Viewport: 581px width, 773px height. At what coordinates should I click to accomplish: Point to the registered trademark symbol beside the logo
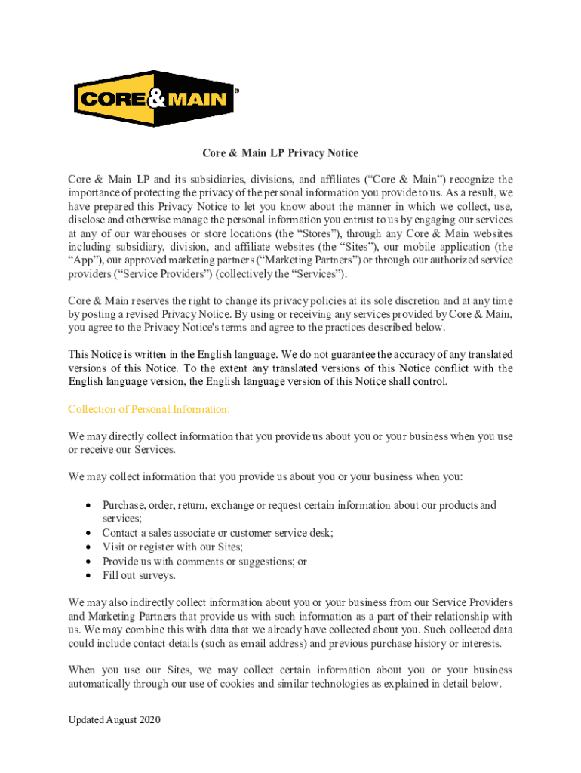pos(237,90)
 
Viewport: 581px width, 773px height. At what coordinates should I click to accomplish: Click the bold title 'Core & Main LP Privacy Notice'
pos(280,153)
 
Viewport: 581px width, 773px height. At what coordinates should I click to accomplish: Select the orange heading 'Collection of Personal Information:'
pos(149,409)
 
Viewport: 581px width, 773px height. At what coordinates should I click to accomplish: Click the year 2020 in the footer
pos(149,720)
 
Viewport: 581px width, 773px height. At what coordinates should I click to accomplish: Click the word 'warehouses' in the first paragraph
pos(161,233)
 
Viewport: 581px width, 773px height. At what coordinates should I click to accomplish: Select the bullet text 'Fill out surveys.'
pos(139,575)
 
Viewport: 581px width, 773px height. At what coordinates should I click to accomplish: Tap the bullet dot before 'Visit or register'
pos(90,547)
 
